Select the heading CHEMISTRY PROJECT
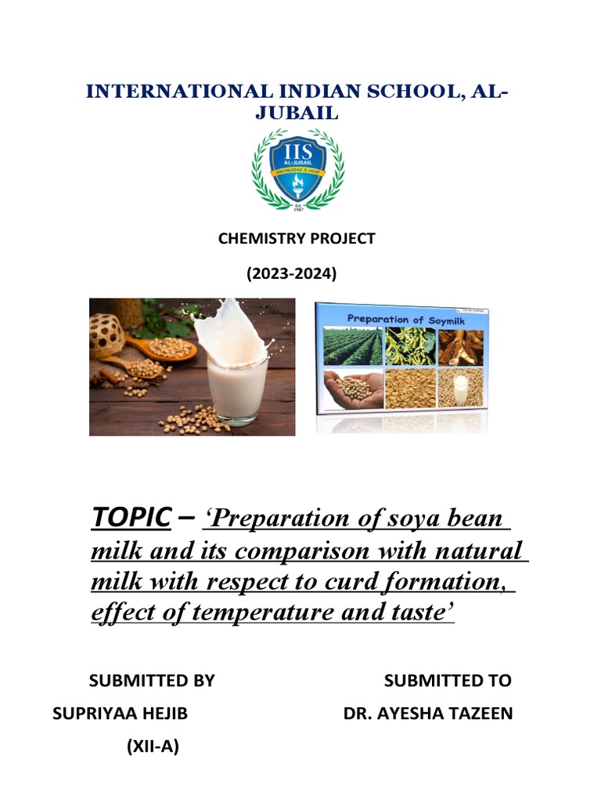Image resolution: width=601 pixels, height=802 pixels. (x=297, y=239)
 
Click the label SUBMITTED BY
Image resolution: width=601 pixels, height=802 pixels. (x=152, y=681)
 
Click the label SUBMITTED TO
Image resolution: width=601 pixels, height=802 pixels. (x=448, y=681)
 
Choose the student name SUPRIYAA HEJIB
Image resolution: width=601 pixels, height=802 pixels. (x=120, y=714)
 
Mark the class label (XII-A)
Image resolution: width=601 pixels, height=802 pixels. (x=153, y=747)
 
